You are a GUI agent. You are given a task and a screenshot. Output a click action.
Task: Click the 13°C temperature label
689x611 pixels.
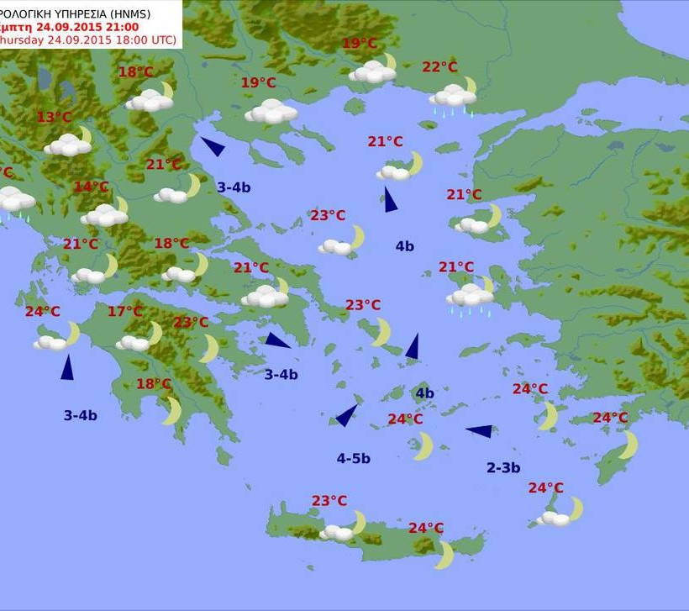pos(55,117)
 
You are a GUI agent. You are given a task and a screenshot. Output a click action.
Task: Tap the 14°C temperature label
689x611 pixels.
pos(91,187)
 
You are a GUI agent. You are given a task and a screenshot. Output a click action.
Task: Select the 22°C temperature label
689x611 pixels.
pos(439,67)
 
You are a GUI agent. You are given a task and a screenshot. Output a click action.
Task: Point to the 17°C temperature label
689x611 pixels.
pos(124,312)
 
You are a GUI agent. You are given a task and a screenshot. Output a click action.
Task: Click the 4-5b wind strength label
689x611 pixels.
pos(353,458)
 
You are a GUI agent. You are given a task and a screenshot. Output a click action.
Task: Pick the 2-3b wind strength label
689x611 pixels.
pos(503,467)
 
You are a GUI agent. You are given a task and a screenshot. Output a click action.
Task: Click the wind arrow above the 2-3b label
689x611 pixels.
pos(480,431)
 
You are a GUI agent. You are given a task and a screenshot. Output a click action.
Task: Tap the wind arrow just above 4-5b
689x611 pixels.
pos(345,415)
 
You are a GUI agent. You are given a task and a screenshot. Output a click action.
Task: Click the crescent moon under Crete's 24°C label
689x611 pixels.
pos(444,555)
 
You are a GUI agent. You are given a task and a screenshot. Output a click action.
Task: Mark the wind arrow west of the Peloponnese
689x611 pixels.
pos(66,367)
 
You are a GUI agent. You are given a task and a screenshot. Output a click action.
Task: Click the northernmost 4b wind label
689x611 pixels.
pos(404,246)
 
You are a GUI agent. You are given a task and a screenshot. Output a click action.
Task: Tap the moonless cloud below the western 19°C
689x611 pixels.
pos(271,111)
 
